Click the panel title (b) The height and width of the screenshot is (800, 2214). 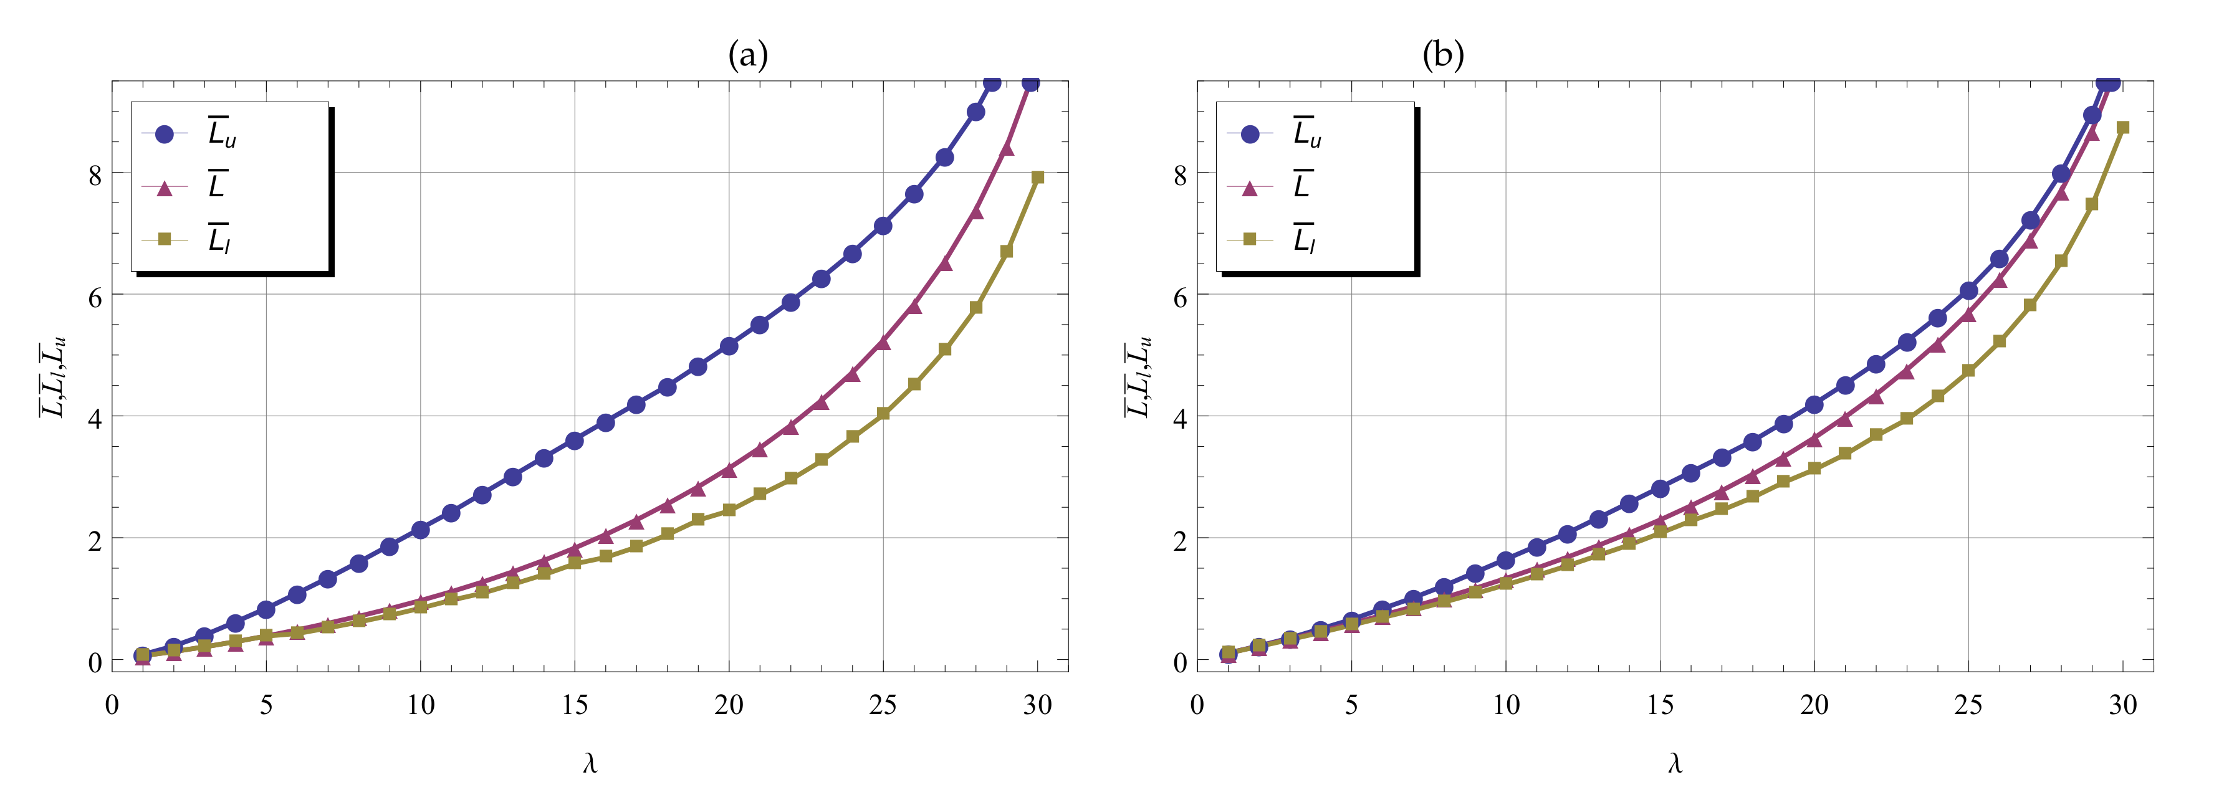[x=1443, y=56]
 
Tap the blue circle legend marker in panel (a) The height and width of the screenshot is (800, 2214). [x=164, y=134]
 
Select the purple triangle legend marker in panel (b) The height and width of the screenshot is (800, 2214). [x=1250, y=188]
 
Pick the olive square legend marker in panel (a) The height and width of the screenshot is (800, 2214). [x=164, y=239]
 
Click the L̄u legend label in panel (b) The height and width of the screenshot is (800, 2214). [x=1306, y=133]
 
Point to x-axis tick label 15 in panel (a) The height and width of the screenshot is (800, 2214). [x=574, y=705]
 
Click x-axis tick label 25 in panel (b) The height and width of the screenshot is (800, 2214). [x=1968, y=705]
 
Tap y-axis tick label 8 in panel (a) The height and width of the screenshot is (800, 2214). [x=95, y=174]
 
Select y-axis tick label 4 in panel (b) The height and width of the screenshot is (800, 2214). [x=1180, y=419]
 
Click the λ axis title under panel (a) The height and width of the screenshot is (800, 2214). [x=590, y=763]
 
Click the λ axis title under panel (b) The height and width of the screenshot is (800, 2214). [x=1674, y=763]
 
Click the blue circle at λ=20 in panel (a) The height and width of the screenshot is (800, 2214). [x=729, y=346]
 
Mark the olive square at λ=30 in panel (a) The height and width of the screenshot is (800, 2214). [x=1037, y=177]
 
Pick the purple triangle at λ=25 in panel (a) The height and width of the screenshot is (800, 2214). [x=883, y=343]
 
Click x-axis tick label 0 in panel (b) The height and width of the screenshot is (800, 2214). [x=1197, y=705]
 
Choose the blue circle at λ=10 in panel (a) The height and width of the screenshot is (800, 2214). [x=420, y=530]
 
